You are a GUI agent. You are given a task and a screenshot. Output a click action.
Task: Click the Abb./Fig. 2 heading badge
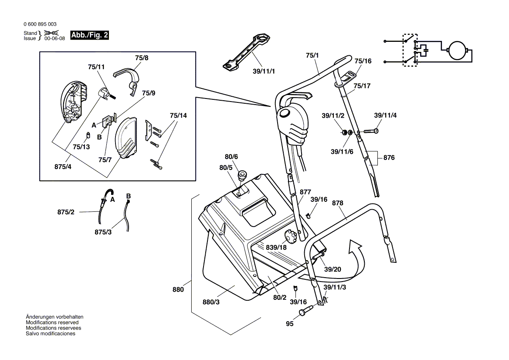point(89,35)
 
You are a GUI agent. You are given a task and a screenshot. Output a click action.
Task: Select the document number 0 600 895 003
point(40,24)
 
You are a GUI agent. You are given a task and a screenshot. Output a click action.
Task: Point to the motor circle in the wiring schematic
point(457,50)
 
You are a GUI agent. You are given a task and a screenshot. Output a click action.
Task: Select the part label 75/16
point(363,61)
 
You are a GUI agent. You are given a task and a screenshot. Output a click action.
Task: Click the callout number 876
point(389,158)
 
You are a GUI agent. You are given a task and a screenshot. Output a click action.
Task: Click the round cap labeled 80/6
point(242,175)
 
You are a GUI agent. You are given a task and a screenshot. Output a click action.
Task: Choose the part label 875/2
point(66,212)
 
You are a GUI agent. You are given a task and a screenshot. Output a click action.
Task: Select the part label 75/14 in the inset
point(178,116)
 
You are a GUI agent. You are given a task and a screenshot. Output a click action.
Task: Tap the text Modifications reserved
point(52,323)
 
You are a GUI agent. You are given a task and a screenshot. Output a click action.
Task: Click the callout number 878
point(337,203)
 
